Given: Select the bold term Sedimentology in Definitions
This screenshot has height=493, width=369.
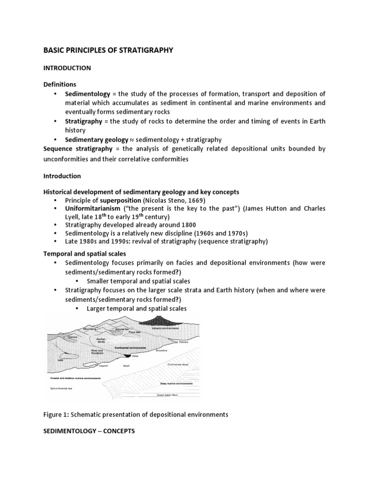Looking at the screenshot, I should click(x=87, y=94).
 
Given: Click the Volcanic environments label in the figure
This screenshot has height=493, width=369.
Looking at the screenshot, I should click(x=158, y=328).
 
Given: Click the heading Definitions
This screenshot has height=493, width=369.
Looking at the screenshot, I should click(x=60, y=84).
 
